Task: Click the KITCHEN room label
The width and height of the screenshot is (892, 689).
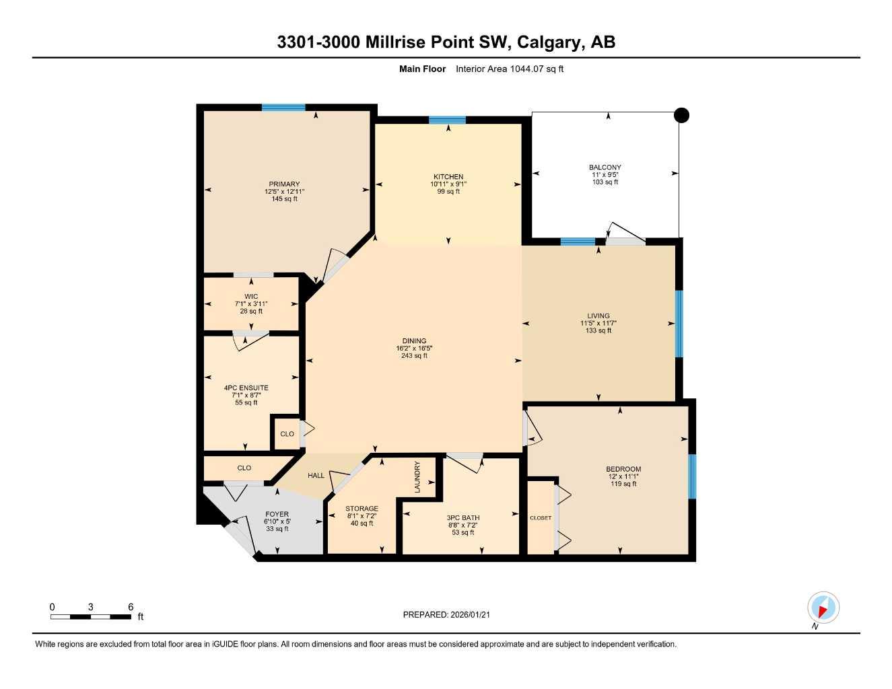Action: click(448, 177)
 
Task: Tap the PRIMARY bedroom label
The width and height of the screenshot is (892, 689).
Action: click(284, 184)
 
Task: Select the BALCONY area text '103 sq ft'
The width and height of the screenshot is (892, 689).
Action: click(605, 182)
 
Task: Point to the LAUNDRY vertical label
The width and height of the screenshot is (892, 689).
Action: click(417, 477)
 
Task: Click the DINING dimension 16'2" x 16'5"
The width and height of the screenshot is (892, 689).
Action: click(414, 349)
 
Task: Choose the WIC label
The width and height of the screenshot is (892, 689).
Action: click(251, 297)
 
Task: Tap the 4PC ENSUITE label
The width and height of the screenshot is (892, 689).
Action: click(246, 388)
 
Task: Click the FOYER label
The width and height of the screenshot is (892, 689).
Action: click(277, 515)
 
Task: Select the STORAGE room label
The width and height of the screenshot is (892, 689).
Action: click(362, 509)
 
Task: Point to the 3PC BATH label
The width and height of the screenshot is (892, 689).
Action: click(462, 518)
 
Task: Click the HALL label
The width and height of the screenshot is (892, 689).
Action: click(316, 476)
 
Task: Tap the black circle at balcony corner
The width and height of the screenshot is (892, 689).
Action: click(681, 116)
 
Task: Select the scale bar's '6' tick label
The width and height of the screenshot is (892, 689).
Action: click(131, 607)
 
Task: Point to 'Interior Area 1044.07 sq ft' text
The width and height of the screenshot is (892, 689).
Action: click(509, 69)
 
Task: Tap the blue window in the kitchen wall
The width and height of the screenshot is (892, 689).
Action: click(447, 120)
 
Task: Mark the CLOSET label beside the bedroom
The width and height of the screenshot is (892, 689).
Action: click(540, 518)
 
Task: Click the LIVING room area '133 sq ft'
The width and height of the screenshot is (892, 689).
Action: click(598, 330)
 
